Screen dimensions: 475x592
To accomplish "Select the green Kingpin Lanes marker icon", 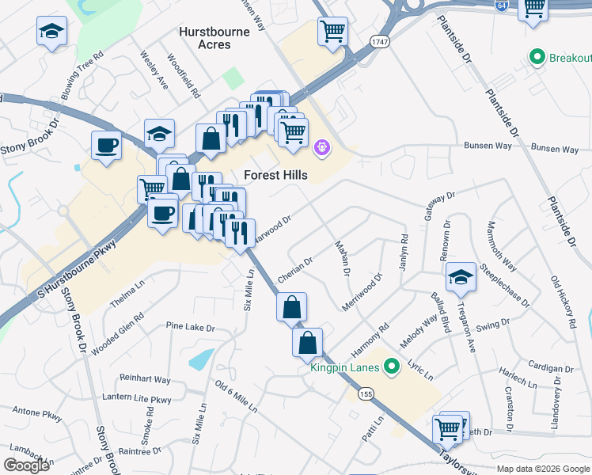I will tap(389, 367).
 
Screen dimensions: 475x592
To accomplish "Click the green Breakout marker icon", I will tap(538, 58).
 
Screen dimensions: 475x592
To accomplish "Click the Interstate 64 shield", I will tap(502, 5).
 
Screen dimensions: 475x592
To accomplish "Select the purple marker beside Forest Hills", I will tap(321, 147).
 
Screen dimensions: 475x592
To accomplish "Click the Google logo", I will tap(26, 465).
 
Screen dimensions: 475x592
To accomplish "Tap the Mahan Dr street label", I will tap(342, 259).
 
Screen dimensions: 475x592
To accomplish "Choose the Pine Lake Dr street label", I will tap(190, 327).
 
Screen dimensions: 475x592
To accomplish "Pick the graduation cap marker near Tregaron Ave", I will tap(461, 277).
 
